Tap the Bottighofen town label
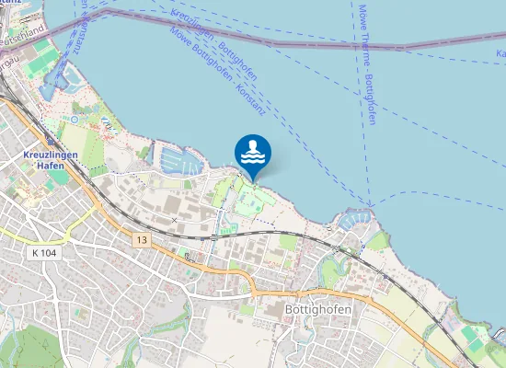[318, 310]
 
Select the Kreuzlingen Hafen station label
[43, 162]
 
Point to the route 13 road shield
[140, 239]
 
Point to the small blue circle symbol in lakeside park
[73, 119]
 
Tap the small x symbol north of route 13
[175, 221]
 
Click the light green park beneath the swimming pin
[250, 198]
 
